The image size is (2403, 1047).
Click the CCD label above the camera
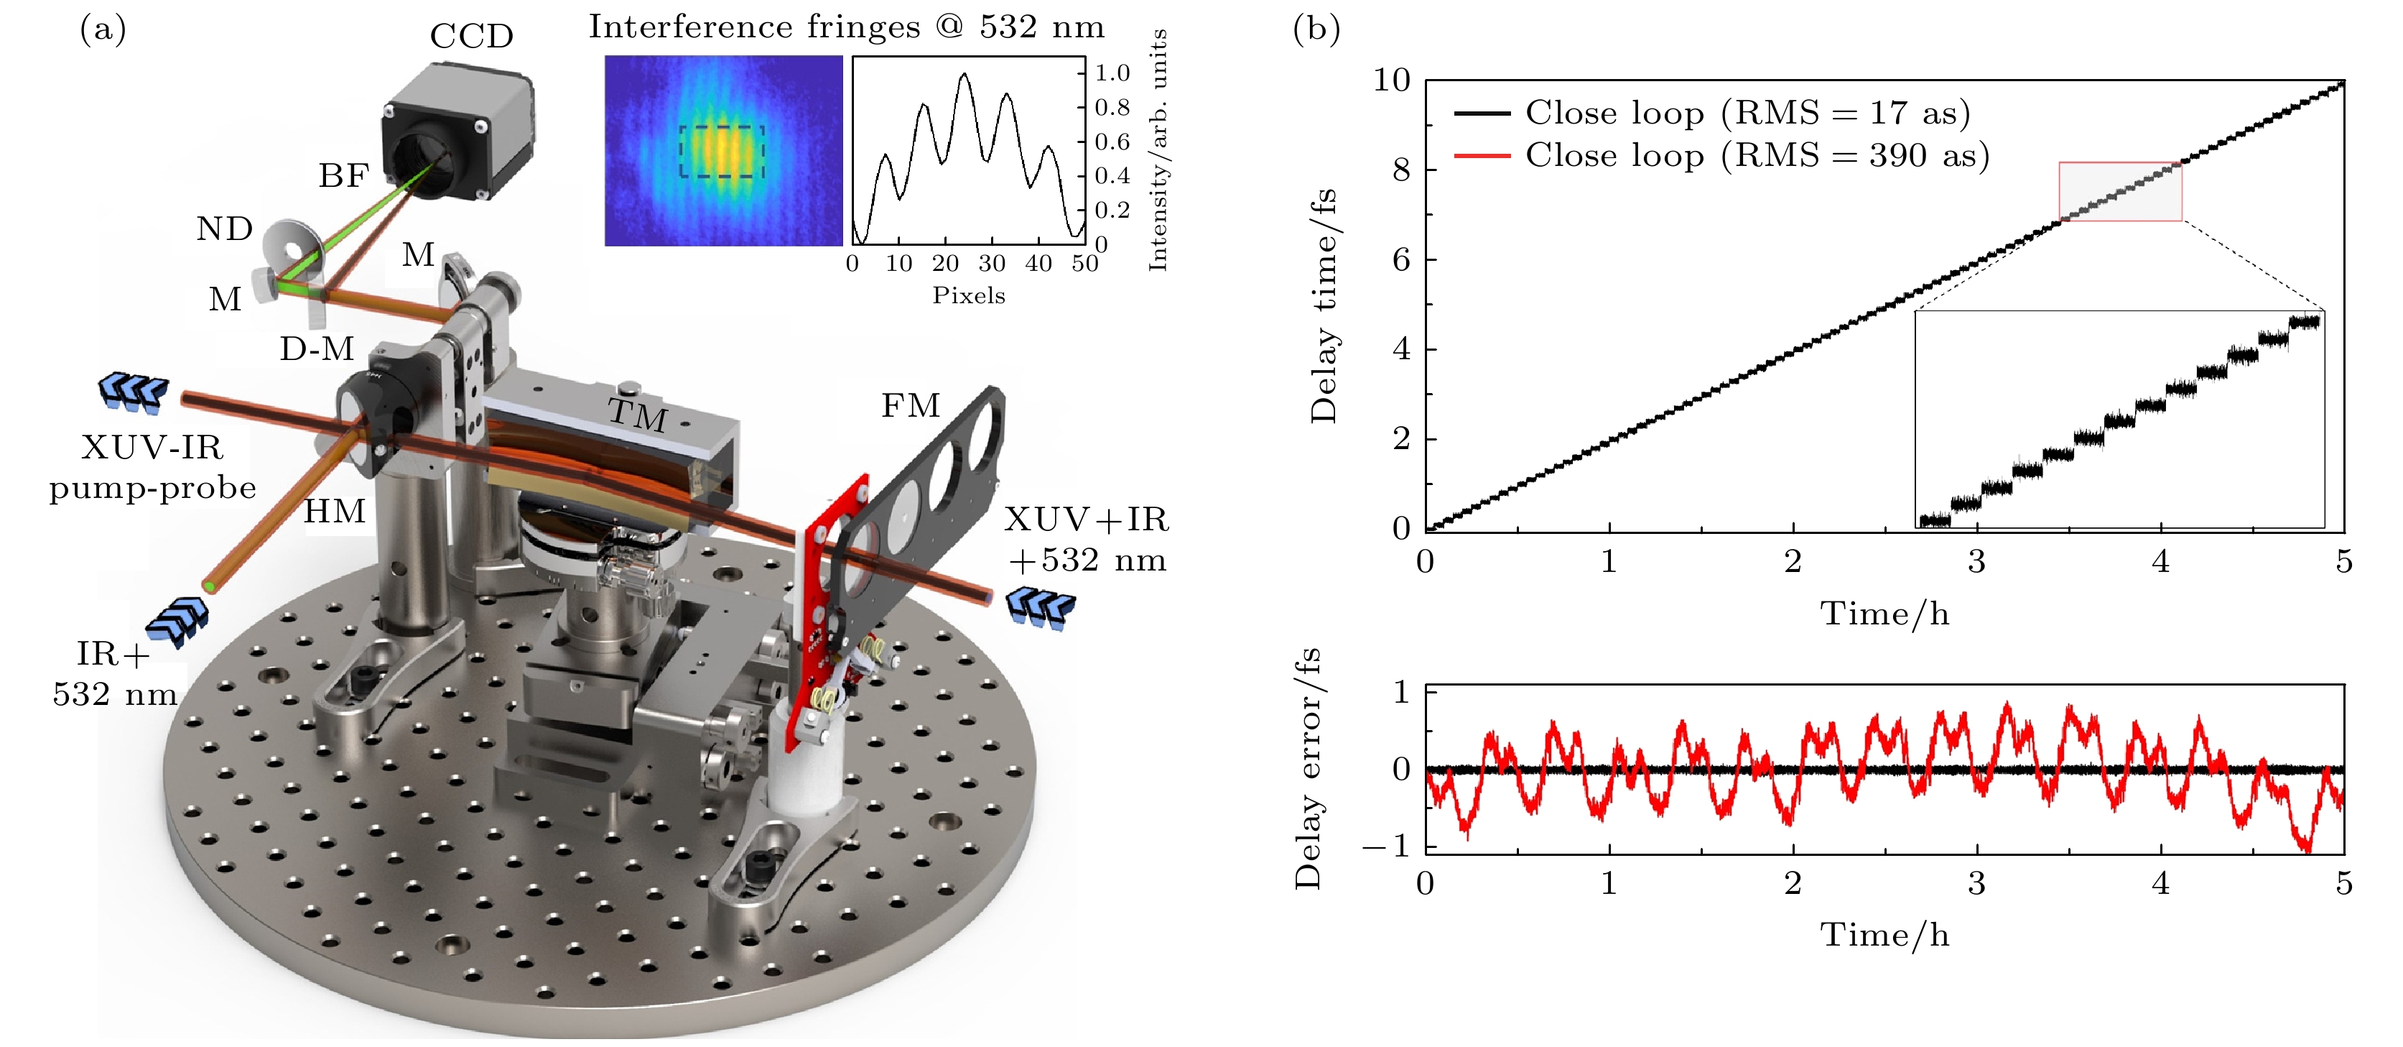coord(471,37)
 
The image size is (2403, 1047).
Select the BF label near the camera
coord(343,175)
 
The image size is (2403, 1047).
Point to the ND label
coord(225,229)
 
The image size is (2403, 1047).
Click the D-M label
coord(317,349)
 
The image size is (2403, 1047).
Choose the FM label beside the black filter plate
coord(911,406)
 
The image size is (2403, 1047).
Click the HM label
coord(334,512)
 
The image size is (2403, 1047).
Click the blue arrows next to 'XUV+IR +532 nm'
coord(1040,607)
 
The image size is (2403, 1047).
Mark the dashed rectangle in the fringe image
coord(722,151)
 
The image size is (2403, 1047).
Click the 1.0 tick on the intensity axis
coord(1112,73)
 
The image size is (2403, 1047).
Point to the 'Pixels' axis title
coord(968,296)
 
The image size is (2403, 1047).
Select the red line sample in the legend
coord(1482,156)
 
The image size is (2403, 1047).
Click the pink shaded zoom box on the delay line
coord(2119,191)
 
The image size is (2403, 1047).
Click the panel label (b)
coord(1316,30)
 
